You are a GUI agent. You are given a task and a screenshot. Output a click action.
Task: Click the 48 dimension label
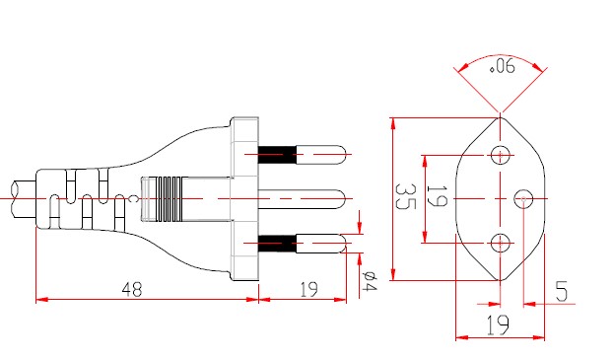(132, 290)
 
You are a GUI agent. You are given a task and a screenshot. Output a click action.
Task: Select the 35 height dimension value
(405, 196)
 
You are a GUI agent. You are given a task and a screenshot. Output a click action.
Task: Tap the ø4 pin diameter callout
(369, 280)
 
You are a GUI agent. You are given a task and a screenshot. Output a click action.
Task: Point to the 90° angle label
(502, 66)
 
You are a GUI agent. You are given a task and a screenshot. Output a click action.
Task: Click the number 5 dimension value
(562, 291)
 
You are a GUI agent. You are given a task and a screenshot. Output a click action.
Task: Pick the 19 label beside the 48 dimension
(308, 290)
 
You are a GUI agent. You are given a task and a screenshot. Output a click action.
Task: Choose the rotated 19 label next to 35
(437, 196)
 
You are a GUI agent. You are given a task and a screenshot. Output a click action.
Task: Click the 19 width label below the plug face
(498, 325)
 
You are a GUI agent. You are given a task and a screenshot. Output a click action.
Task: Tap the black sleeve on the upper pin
(277, 155)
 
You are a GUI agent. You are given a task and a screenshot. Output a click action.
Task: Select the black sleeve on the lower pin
(277, 243)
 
